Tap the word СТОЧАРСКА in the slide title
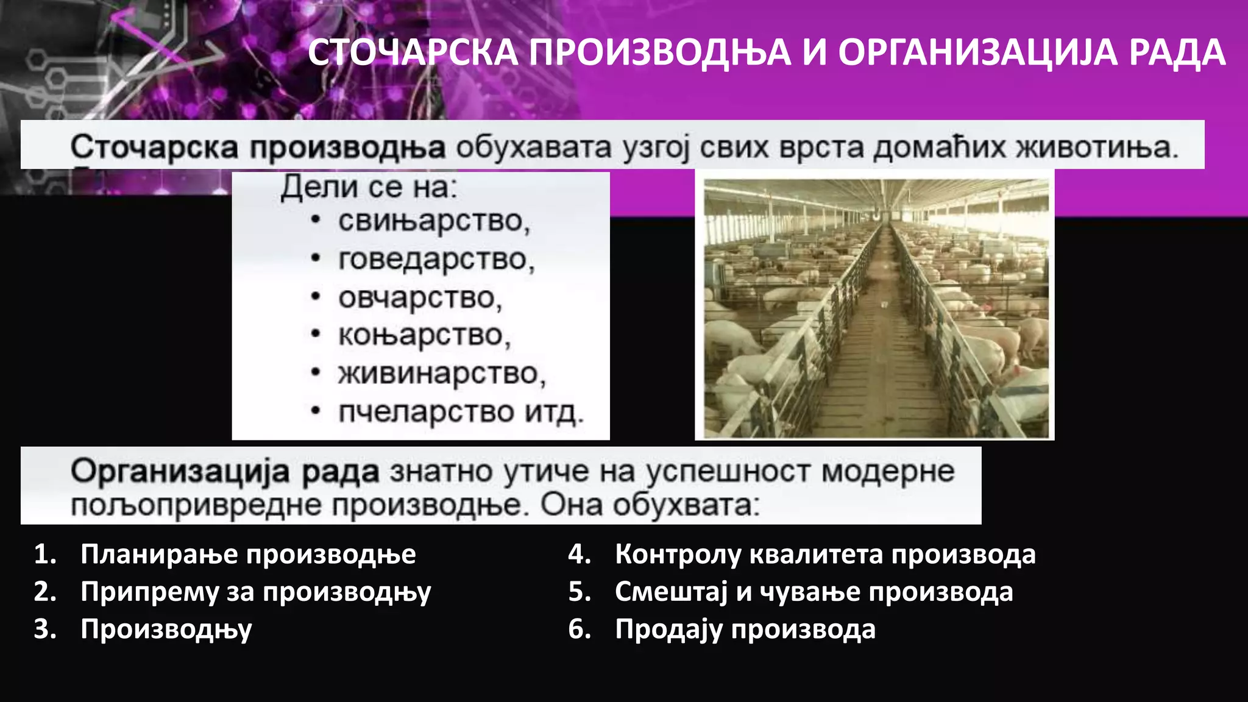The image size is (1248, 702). [413, 52]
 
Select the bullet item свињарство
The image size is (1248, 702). [433, 221]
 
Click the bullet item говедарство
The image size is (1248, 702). [436, 260]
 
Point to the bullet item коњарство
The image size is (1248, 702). [424, 336]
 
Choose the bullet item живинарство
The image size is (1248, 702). [441, 374]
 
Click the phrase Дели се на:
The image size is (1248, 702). [368, 187]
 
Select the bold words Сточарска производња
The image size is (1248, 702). [257, 147]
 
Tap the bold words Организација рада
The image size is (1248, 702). [224, 472]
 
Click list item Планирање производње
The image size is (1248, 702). [248, 555]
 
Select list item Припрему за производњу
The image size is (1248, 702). [255, 592]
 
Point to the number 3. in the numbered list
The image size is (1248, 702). [45, 629]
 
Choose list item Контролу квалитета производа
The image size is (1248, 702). [825, 555]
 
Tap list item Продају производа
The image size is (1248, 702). [745, 629]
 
